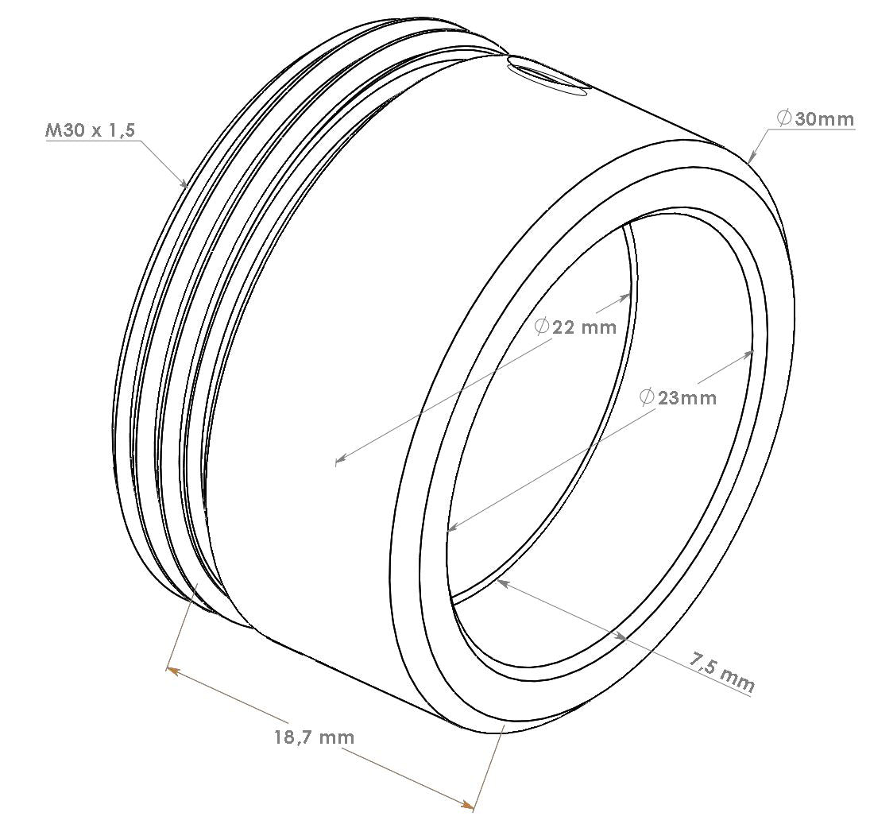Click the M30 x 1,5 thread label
pos(90,130)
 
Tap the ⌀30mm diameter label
pos(815,118)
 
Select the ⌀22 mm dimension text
pos(575,327)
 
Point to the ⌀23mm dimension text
pos(678,397)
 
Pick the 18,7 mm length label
pos(314,737)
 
